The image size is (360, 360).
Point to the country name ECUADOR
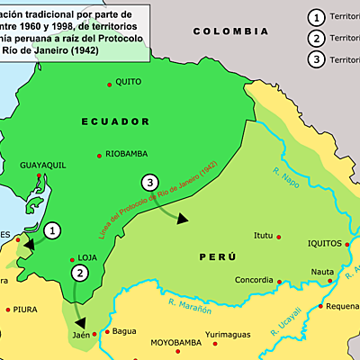click(x=115, y=121)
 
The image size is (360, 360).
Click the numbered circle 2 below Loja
click(x=80, y=273)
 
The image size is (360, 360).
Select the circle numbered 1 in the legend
click(x=315, y=17)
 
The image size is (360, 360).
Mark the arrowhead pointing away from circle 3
click(x=184, y=219)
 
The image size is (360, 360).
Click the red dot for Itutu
click(x=279, y=237)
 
